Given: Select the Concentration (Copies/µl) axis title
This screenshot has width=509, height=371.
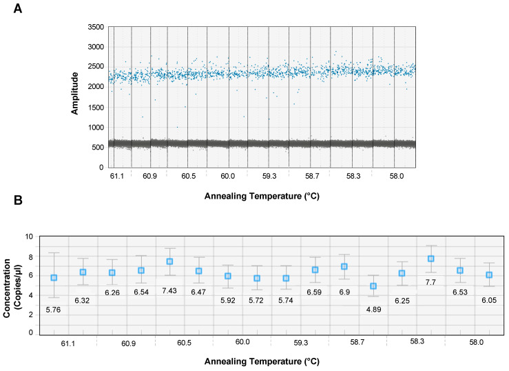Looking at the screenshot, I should [x=13, y=283].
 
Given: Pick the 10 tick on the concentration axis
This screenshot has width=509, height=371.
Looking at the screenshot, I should [x=28, y=237].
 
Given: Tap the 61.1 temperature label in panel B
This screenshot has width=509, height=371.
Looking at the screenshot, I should [x=67, y=343].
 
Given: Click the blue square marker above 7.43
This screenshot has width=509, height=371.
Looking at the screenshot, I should [x=169, y=261].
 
